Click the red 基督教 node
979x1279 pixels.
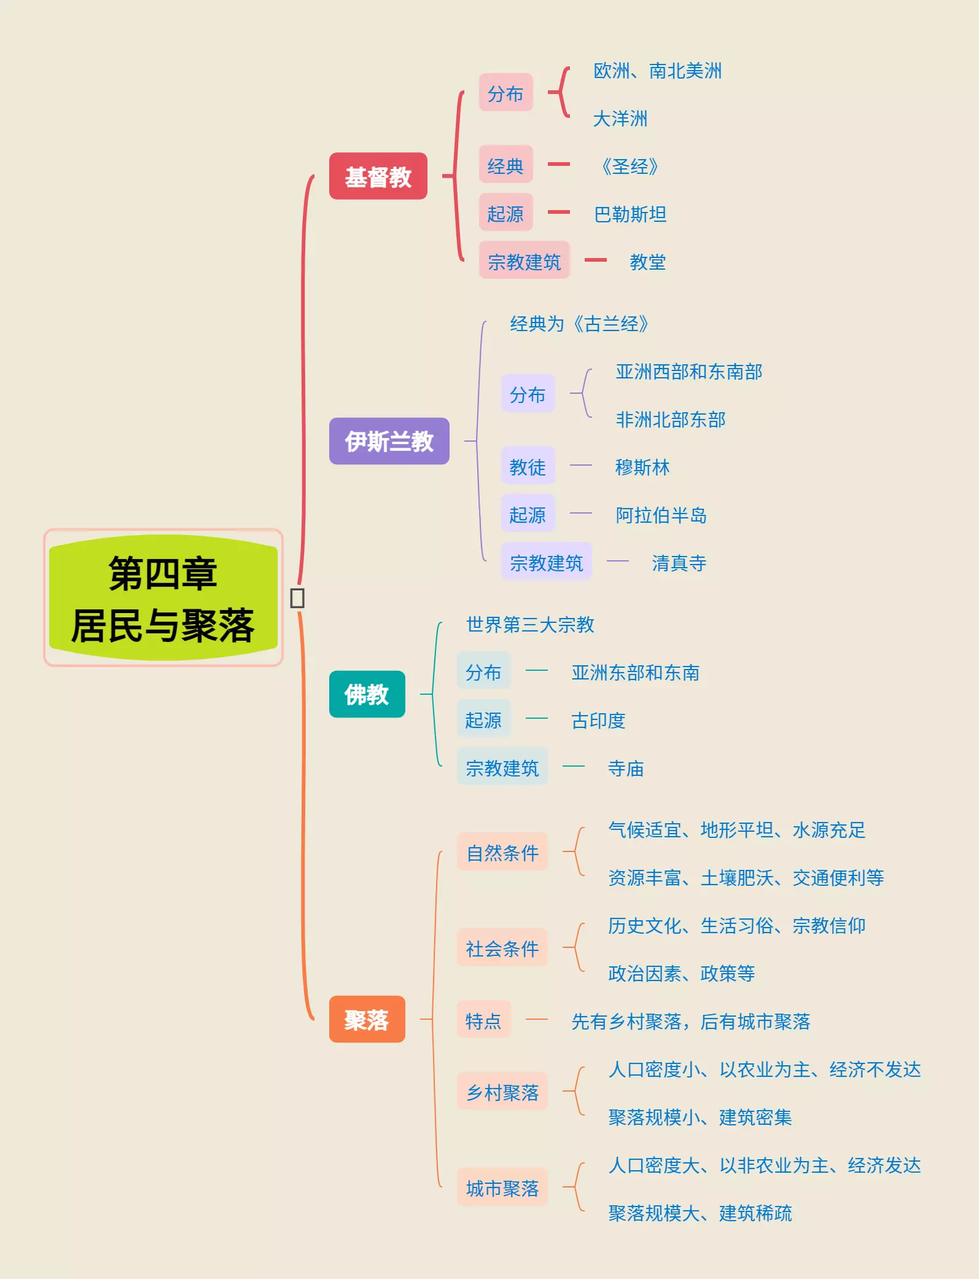tap(378, 176)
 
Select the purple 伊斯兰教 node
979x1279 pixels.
tap(389, 441)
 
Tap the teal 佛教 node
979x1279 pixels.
tap(367, 694)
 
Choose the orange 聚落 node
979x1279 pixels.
tap(367, 1019)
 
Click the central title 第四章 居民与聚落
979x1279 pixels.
tap(163, 598)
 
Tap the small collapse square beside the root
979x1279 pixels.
tap(297, 598)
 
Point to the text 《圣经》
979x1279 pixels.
tap(630, 166)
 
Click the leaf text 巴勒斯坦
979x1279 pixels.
tap(630, 214)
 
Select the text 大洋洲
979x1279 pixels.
tap(620, 119)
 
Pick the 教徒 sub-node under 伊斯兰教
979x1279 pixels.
tap(528, 467)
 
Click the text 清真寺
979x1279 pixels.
tap(679, 563)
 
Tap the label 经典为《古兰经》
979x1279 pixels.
tap(579, 324)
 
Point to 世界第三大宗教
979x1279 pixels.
tap(530, 625)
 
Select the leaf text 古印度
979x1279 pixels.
tap(598, 721)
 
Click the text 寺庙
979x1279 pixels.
tap(626, 769)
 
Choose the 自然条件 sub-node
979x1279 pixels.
tap(502, 853)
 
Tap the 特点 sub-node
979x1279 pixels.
tap(483, 1021)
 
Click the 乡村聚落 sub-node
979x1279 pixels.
tap(502, 1092)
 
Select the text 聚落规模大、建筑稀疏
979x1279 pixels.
tap(700, 1213)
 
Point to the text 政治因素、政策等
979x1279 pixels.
tap(681, 973)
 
